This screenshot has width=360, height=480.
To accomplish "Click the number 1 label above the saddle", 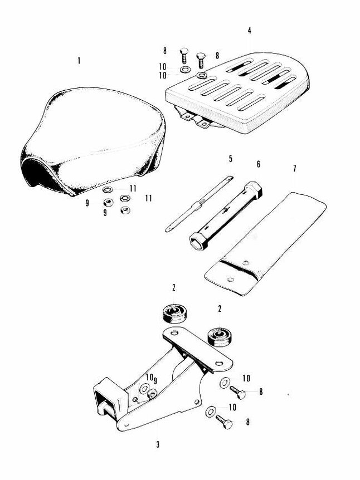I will (x=79, y=60).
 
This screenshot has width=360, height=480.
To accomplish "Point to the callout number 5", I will (x=230, y=159).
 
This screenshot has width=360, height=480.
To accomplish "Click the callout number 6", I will (x=258, y=165).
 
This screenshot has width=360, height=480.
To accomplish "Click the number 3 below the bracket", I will (x=158, y=444).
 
